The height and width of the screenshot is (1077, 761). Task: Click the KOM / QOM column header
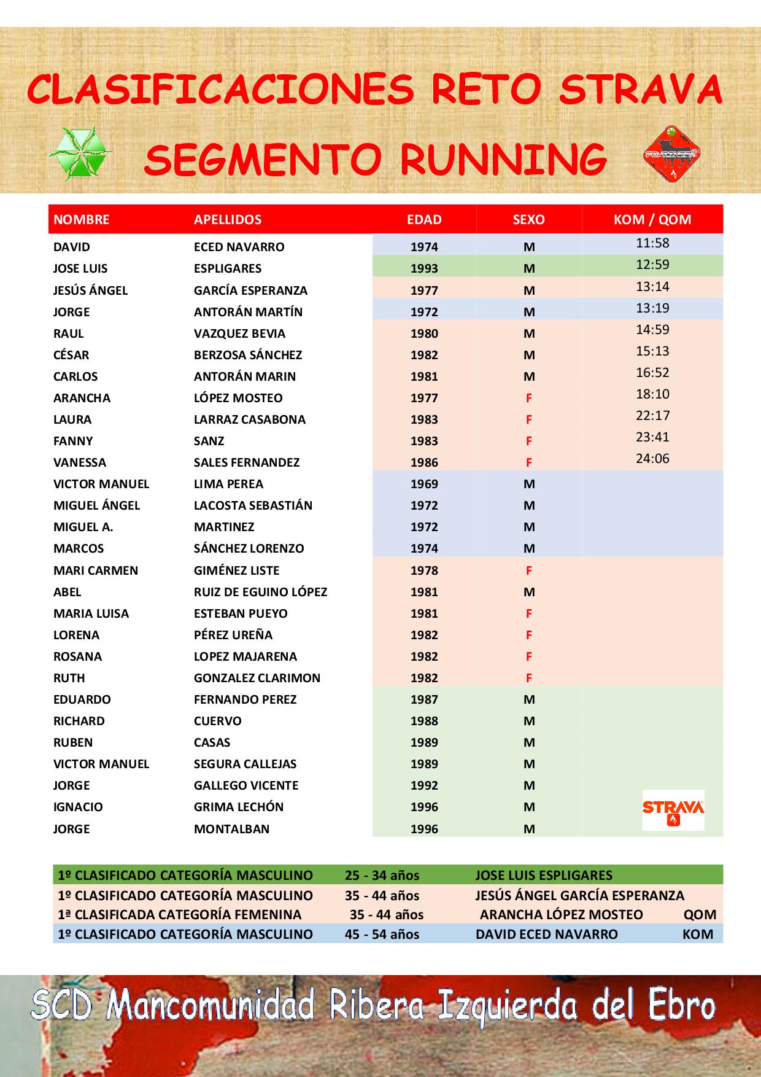pos(652,219)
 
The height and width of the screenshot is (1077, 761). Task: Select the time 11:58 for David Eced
pos(652,243)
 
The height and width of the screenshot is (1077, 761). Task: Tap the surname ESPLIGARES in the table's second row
pos(228,268)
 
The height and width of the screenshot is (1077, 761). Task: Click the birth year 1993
pos(424,268)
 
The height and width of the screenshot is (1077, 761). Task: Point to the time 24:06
pos(652,459)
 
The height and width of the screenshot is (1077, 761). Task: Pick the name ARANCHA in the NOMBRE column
pos(82,398)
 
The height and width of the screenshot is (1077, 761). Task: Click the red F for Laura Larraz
pos(529,420)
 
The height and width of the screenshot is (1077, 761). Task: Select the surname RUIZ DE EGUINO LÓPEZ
pos(260,592)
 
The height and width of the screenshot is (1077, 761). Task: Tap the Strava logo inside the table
pos(673,810)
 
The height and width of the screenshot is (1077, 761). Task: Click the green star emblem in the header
pos(80,154)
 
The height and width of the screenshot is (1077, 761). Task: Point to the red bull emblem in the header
pos(672,154)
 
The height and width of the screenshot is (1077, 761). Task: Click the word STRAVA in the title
pos(641,90)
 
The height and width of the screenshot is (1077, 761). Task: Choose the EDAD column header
pos(424,219)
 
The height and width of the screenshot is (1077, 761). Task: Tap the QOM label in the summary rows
pos(700,915)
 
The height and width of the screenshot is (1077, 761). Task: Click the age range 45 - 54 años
pos(382,935)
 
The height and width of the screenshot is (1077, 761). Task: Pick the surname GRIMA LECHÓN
pos(239,807)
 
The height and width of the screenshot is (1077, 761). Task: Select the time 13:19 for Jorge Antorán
pos(652,308)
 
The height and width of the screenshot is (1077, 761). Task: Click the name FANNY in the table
pos(73,441)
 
